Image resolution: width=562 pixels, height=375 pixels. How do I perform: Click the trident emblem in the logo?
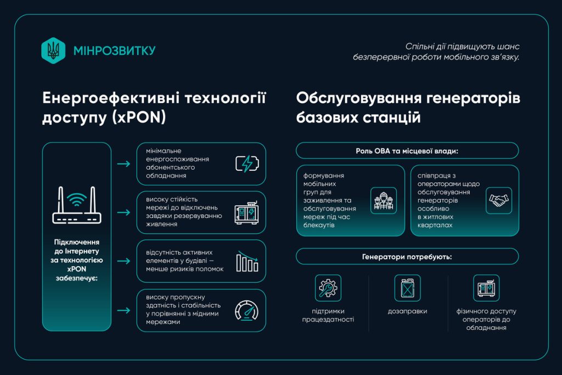pos(53,51)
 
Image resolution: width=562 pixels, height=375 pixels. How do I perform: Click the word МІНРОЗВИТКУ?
pos(114,51)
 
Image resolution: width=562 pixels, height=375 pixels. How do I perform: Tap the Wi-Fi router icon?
pos(77,205)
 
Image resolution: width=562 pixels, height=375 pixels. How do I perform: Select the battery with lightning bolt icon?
pos(247,164)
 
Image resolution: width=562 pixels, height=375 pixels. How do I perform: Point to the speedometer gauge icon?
pos(246,310)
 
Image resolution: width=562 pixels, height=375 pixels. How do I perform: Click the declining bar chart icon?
pos(247,261)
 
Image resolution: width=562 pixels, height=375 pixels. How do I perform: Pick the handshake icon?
pos(498,200)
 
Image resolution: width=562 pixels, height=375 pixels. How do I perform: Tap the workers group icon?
pos(384,201)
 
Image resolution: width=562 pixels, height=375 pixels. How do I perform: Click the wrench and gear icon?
pos(328,288)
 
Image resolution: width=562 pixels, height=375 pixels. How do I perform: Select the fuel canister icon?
pos(407,288)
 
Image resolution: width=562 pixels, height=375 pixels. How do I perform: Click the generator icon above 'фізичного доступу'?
pos(486,288)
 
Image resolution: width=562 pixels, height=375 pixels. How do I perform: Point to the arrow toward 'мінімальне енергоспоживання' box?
pos(123,164)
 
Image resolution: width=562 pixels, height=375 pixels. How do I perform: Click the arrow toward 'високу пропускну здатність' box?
pos(123,310)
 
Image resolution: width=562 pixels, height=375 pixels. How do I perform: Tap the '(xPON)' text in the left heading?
pos(139,117)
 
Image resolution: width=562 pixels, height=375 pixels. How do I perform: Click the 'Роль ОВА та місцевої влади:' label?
pos(407,151)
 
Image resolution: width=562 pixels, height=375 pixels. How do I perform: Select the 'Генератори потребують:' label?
pos(407,257)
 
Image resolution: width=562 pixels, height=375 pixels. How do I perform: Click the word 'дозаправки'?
pos(408,311)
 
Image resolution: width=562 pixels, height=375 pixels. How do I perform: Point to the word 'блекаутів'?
pos(319,225)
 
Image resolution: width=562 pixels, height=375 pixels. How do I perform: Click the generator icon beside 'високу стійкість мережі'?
pos(246,212)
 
